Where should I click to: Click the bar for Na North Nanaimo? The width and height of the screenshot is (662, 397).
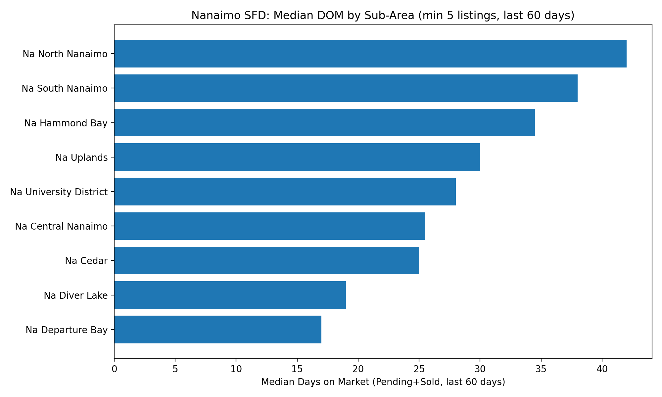[x=370, y=54]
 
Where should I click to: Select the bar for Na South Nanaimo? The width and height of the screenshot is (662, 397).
[x=346, y=88]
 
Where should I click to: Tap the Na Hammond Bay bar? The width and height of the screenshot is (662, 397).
[x=324, y=123]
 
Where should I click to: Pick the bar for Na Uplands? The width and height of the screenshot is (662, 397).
[x=297, y=157]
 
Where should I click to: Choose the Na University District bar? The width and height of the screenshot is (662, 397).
[x=285, y=192]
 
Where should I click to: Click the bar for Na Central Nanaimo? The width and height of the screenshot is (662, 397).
[x=269, y=226]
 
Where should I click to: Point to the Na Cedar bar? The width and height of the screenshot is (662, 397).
[x=266, y=261]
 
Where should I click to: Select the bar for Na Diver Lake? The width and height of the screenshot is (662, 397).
[x=230, y=295]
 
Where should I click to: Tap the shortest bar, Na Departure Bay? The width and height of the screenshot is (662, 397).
[x=217, y=330]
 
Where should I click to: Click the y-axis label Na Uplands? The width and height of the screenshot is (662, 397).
[x=81, y=157]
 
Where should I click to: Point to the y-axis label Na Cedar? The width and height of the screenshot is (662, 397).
[x=86, y=261]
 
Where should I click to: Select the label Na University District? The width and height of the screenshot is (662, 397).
[x=59, y=192]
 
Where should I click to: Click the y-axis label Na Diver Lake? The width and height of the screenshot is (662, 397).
[x=76, y=295]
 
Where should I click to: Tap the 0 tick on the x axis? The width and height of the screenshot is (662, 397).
[x=114, y=369]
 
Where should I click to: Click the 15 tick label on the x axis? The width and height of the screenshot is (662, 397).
[x=297, y=369]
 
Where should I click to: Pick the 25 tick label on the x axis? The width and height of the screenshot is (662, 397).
[x=419, y=369]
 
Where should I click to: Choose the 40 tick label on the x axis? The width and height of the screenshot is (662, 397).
[x=602, y=369]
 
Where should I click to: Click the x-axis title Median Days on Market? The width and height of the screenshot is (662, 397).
[x=383, y=382]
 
